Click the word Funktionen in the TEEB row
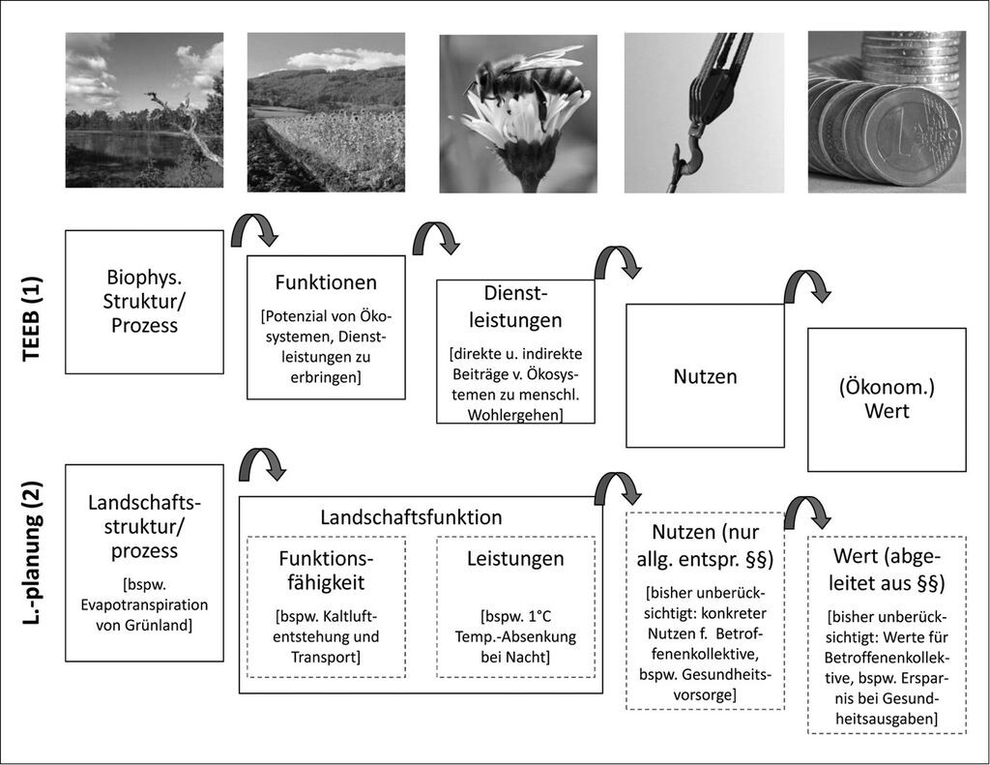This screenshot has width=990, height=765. click(x=326, y=282)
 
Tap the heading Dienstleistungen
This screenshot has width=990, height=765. click(x=515, y=307)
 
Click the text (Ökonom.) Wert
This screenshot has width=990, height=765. click(x=887, y=399)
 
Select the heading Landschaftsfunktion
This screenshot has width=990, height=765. click(x=411, y=517)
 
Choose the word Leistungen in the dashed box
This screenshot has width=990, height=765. click(x=515, y=558)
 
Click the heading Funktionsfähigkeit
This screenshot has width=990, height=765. click(x=326, y=571)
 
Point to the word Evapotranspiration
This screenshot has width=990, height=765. click(x=144, y=604)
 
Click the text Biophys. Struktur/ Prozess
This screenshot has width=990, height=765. click(x=144, y=302)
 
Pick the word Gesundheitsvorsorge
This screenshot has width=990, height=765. click(x=705, y=685)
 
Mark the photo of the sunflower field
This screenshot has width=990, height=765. click(x=326, y=112)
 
